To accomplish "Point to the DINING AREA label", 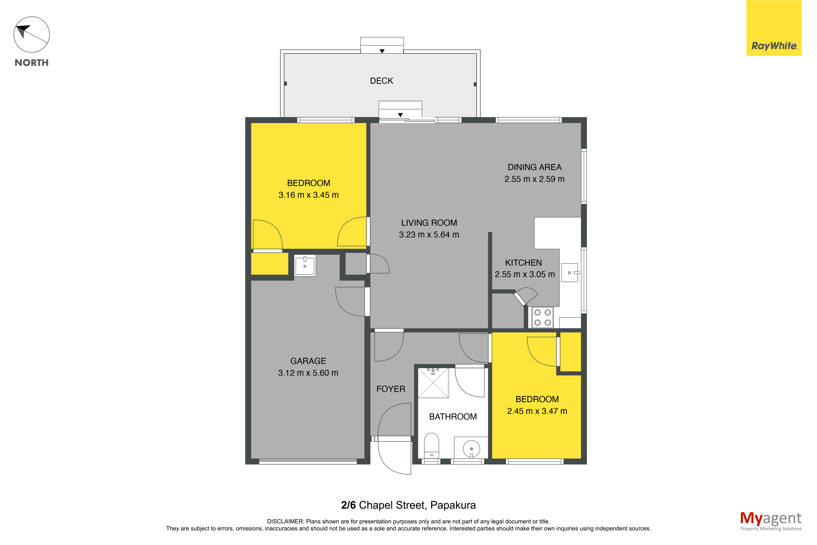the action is pos(534,167).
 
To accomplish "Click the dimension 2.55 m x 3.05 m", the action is pos(525,274).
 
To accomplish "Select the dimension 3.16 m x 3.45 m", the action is pos(308,195).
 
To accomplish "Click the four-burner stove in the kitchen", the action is pos(542,317).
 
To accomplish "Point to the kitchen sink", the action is pos(569,272).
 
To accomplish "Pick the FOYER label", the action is pos(391,389).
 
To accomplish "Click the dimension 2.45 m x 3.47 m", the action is pos(537,411).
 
